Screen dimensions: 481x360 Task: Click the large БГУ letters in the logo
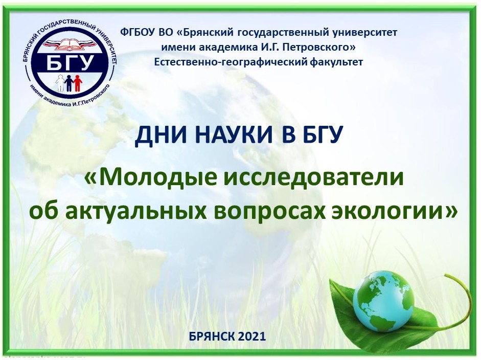70,62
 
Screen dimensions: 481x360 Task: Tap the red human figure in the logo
78,83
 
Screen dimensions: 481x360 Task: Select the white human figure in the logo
61,83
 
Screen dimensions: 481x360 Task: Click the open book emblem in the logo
70,44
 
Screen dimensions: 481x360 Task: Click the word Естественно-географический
231,62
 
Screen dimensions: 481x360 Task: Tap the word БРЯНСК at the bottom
212,336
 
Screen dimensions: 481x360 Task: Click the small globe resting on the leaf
383,301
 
